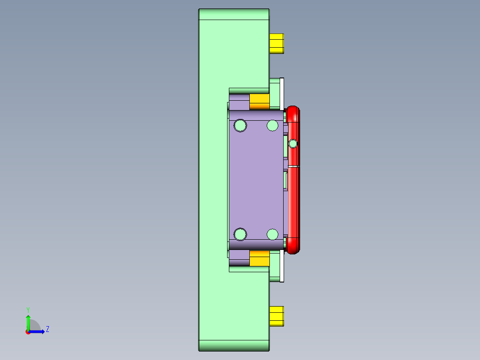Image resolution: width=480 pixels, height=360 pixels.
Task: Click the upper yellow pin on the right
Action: [277, 43]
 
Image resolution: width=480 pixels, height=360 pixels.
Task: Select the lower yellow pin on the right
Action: [277, 316]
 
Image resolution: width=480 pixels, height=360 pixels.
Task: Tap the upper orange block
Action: [260, 101]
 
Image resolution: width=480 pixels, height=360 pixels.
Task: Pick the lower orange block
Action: [260, 258]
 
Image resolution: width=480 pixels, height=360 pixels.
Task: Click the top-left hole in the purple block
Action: [240, 126]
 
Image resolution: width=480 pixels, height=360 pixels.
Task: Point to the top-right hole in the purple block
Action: [273, 126]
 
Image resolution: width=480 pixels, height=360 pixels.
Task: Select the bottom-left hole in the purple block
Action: [240, 234]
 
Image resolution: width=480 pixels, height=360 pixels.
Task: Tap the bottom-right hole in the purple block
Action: [273, 234]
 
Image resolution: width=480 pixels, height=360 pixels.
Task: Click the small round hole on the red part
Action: [293, 143]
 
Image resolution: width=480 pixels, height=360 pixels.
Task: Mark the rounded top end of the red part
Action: [293, 111]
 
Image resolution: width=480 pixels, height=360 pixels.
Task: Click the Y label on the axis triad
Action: [28, 309]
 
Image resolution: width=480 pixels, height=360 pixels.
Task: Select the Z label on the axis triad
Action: [47, 329]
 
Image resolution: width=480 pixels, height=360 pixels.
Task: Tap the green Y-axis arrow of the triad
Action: [28, 322]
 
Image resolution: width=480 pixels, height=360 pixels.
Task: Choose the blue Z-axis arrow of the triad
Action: [38, 331]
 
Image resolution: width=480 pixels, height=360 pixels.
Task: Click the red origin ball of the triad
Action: [28, 332]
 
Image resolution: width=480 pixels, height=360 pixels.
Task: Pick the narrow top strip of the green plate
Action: [234, 14]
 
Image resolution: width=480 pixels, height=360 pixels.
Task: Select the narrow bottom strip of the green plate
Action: [234, 345]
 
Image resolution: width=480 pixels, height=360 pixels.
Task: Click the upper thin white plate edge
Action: [282, 93]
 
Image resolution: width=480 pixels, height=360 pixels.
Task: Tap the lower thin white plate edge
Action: [282, 266]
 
